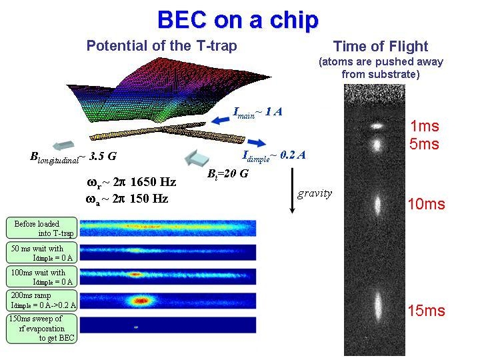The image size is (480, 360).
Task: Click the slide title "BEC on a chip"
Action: (x=238, y=20)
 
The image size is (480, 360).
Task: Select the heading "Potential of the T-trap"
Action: (x=161, y=46)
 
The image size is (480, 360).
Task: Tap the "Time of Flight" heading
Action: (x=381, y=47)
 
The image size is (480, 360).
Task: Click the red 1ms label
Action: (x=425, y=126)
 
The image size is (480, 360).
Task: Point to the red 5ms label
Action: (x=424, y=144)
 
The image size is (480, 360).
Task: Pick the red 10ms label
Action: (x=427, y=204)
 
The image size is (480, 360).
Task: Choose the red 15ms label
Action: (x=427, y=311)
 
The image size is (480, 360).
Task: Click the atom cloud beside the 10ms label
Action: (x=378, y=205)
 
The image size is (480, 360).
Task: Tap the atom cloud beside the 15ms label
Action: (x=378, y=306)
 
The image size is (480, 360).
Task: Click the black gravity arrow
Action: (x=292, y=191)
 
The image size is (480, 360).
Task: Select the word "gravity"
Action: (x=315, y=194)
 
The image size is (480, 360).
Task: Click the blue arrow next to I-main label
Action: (x=221, y=120)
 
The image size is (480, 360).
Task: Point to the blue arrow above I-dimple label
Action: (x=257, y=143)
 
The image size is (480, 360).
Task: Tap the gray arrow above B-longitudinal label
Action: (x=64, y=145)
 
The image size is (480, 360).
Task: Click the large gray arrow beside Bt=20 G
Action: (x=197, y=158)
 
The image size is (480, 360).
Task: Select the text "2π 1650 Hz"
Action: (x=145, y=182)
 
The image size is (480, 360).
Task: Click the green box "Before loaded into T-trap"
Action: (x=41, y=228)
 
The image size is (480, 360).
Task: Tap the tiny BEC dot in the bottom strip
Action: (x=136, y=327)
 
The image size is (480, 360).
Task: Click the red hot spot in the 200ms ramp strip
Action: (x=141, y=301)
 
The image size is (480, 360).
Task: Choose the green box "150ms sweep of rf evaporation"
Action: (x=41, y=329)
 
